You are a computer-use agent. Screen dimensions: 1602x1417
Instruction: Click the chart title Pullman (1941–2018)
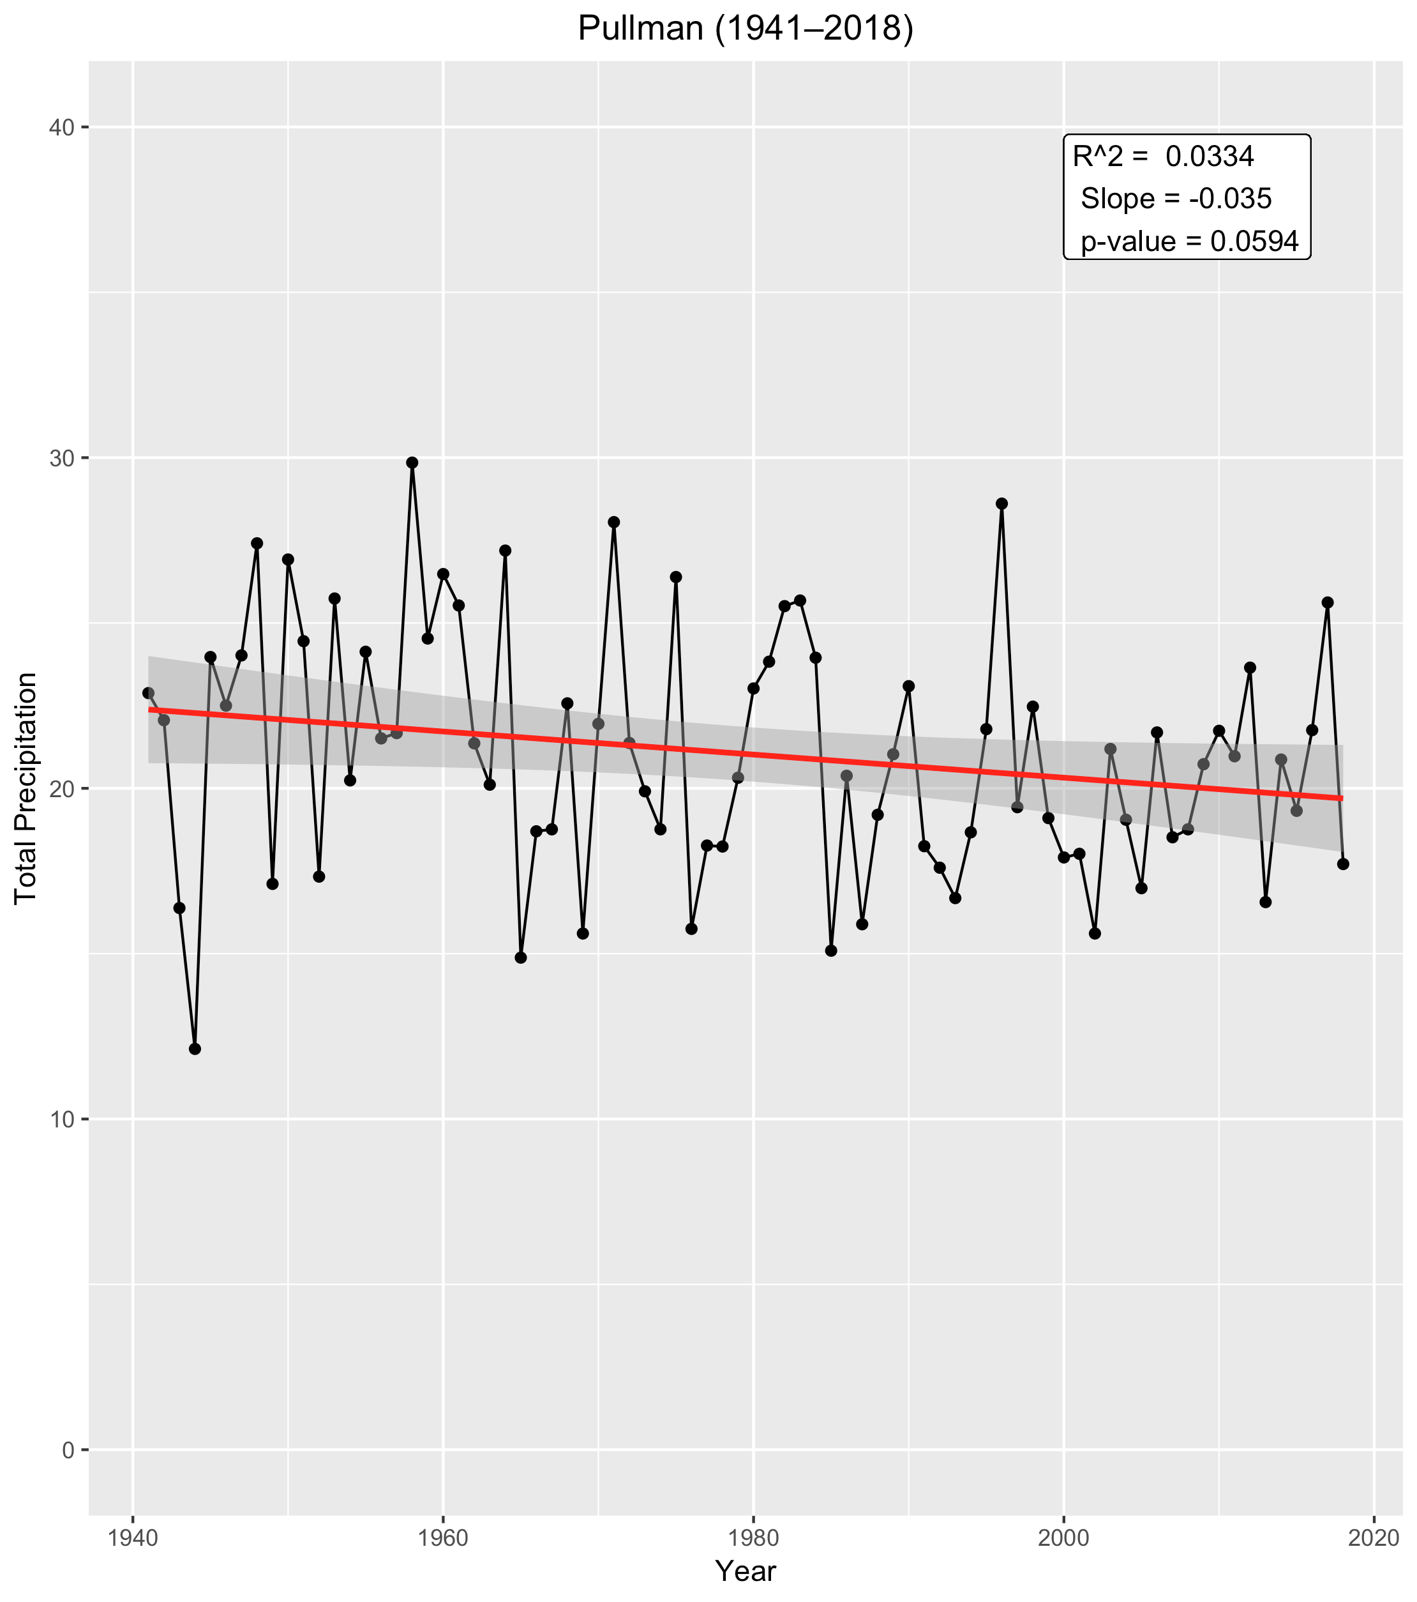745,28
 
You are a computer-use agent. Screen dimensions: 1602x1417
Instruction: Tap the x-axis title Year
745,1570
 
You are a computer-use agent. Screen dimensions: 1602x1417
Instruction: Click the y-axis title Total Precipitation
26,788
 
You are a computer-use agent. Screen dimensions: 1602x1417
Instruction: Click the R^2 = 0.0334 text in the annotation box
1163,156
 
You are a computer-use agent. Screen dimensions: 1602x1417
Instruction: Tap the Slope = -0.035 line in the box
1176,199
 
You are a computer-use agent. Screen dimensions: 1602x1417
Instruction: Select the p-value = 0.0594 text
1190,241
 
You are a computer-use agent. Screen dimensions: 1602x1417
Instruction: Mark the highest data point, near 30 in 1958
412,462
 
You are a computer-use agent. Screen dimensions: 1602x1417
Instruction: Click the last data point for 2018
1342,864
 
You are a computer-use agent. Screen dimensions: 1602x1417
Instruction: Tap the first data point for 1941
148,693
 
